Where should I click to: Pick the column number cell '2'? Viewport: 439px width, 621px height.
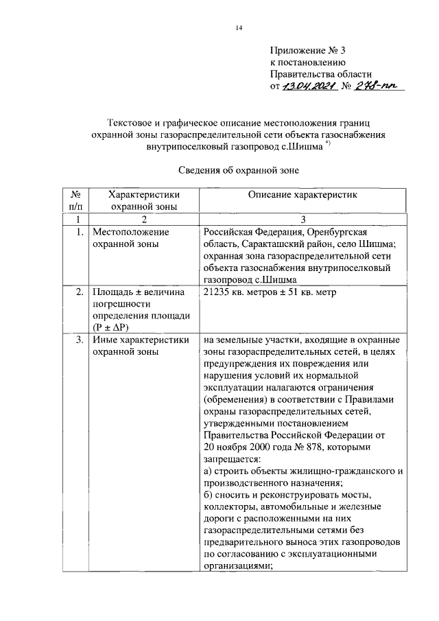point(143,220)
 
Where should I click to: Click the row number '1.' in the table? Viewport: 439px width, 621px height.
point(80,232)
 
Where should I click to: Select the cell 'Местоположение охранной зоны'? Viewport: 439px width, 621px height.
point(130,238)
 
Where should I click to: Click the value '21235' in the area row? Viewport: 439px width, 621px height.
point(217,293)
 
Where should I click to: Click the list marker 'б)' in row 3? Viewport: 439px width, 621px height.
point(209,495)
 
